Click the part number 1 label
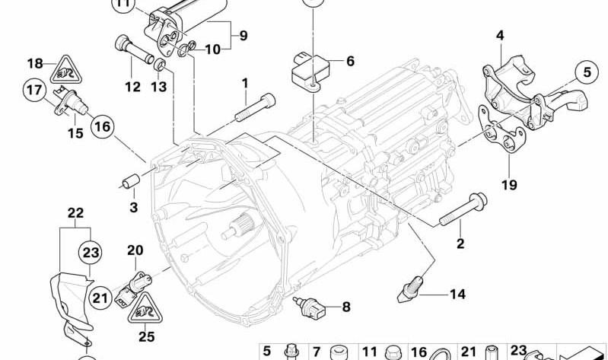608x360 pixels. click(x=245, y=82)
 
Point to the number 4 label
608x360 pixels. click(x=500, y=35)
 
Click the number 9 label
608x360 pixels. click(x=244, y=34)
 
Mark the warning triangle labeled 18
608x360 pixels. click(x=61, y=72)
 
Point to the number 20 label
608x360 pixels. click(x=135, y=250)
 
